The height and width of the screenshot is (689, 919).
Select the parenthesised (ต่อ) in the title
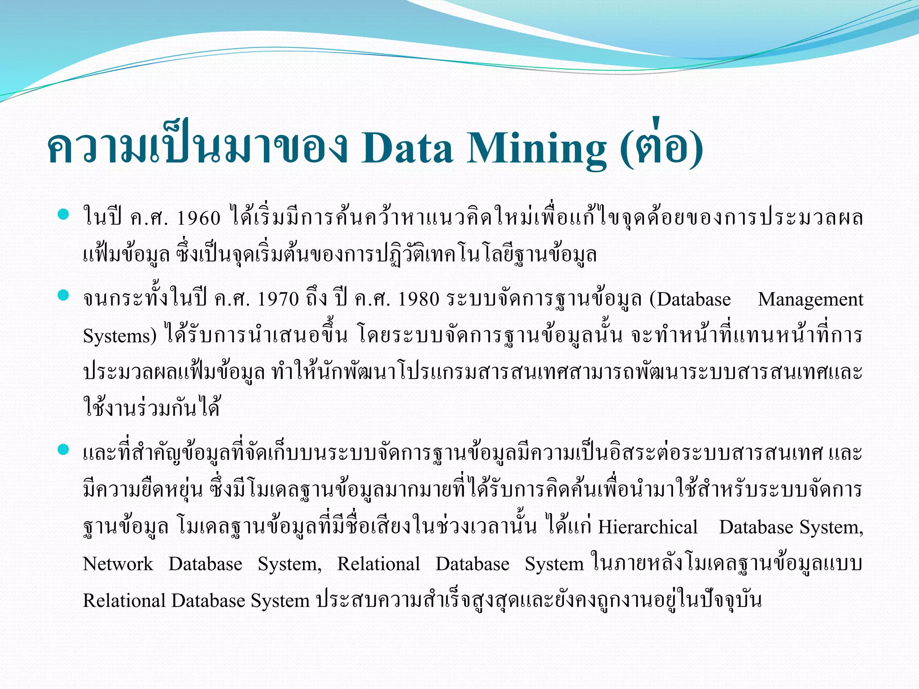[661, 146]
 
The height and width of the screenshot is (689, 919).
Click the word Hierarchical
[648, 527]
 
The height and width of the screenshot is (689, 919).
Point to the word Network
[118, 564]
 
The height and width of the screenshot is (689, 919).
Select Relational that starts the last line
[124, 601]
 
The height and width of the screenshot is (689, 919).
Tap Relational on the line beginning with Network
[378, 564]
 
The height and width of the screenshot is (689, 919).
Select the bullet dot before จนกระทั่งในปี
[63, 295]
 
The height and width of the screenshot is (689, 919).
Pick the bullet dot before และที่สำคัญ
[63, 449]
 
